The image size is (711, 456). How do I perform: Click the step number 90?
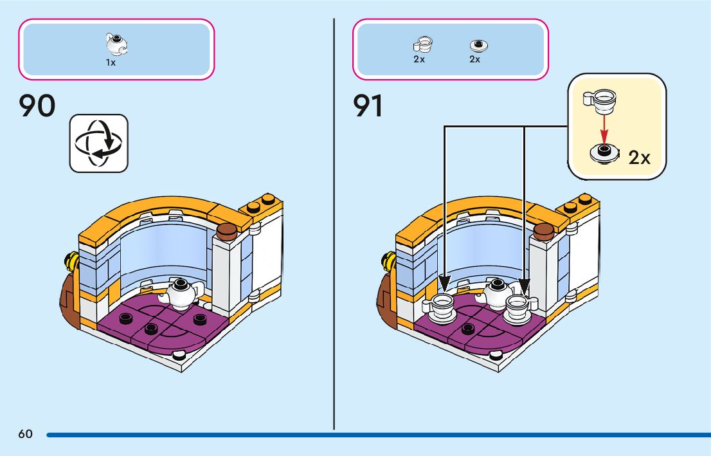coord(38,107)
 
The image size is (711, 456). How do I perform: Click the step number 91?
coord(369,107)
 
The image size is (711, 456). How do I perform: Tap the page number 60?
coord(25,434)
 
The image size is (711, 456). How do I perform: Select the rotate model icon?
coord(98,143)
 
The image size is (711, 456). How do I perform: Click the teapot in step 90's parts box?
coord(115,44)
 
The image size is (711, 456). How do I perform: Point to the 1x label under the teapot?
coord(111,63)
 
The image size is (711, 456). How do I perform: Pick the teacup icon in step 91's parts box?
coord(422,44)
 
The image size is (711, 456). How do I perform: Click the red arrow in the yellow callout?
coord(604,128)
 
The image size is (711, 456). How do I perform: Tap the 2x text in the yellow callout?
coord(639,158)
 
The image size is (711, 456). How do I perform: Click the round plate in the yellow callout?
coord(604,154)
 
